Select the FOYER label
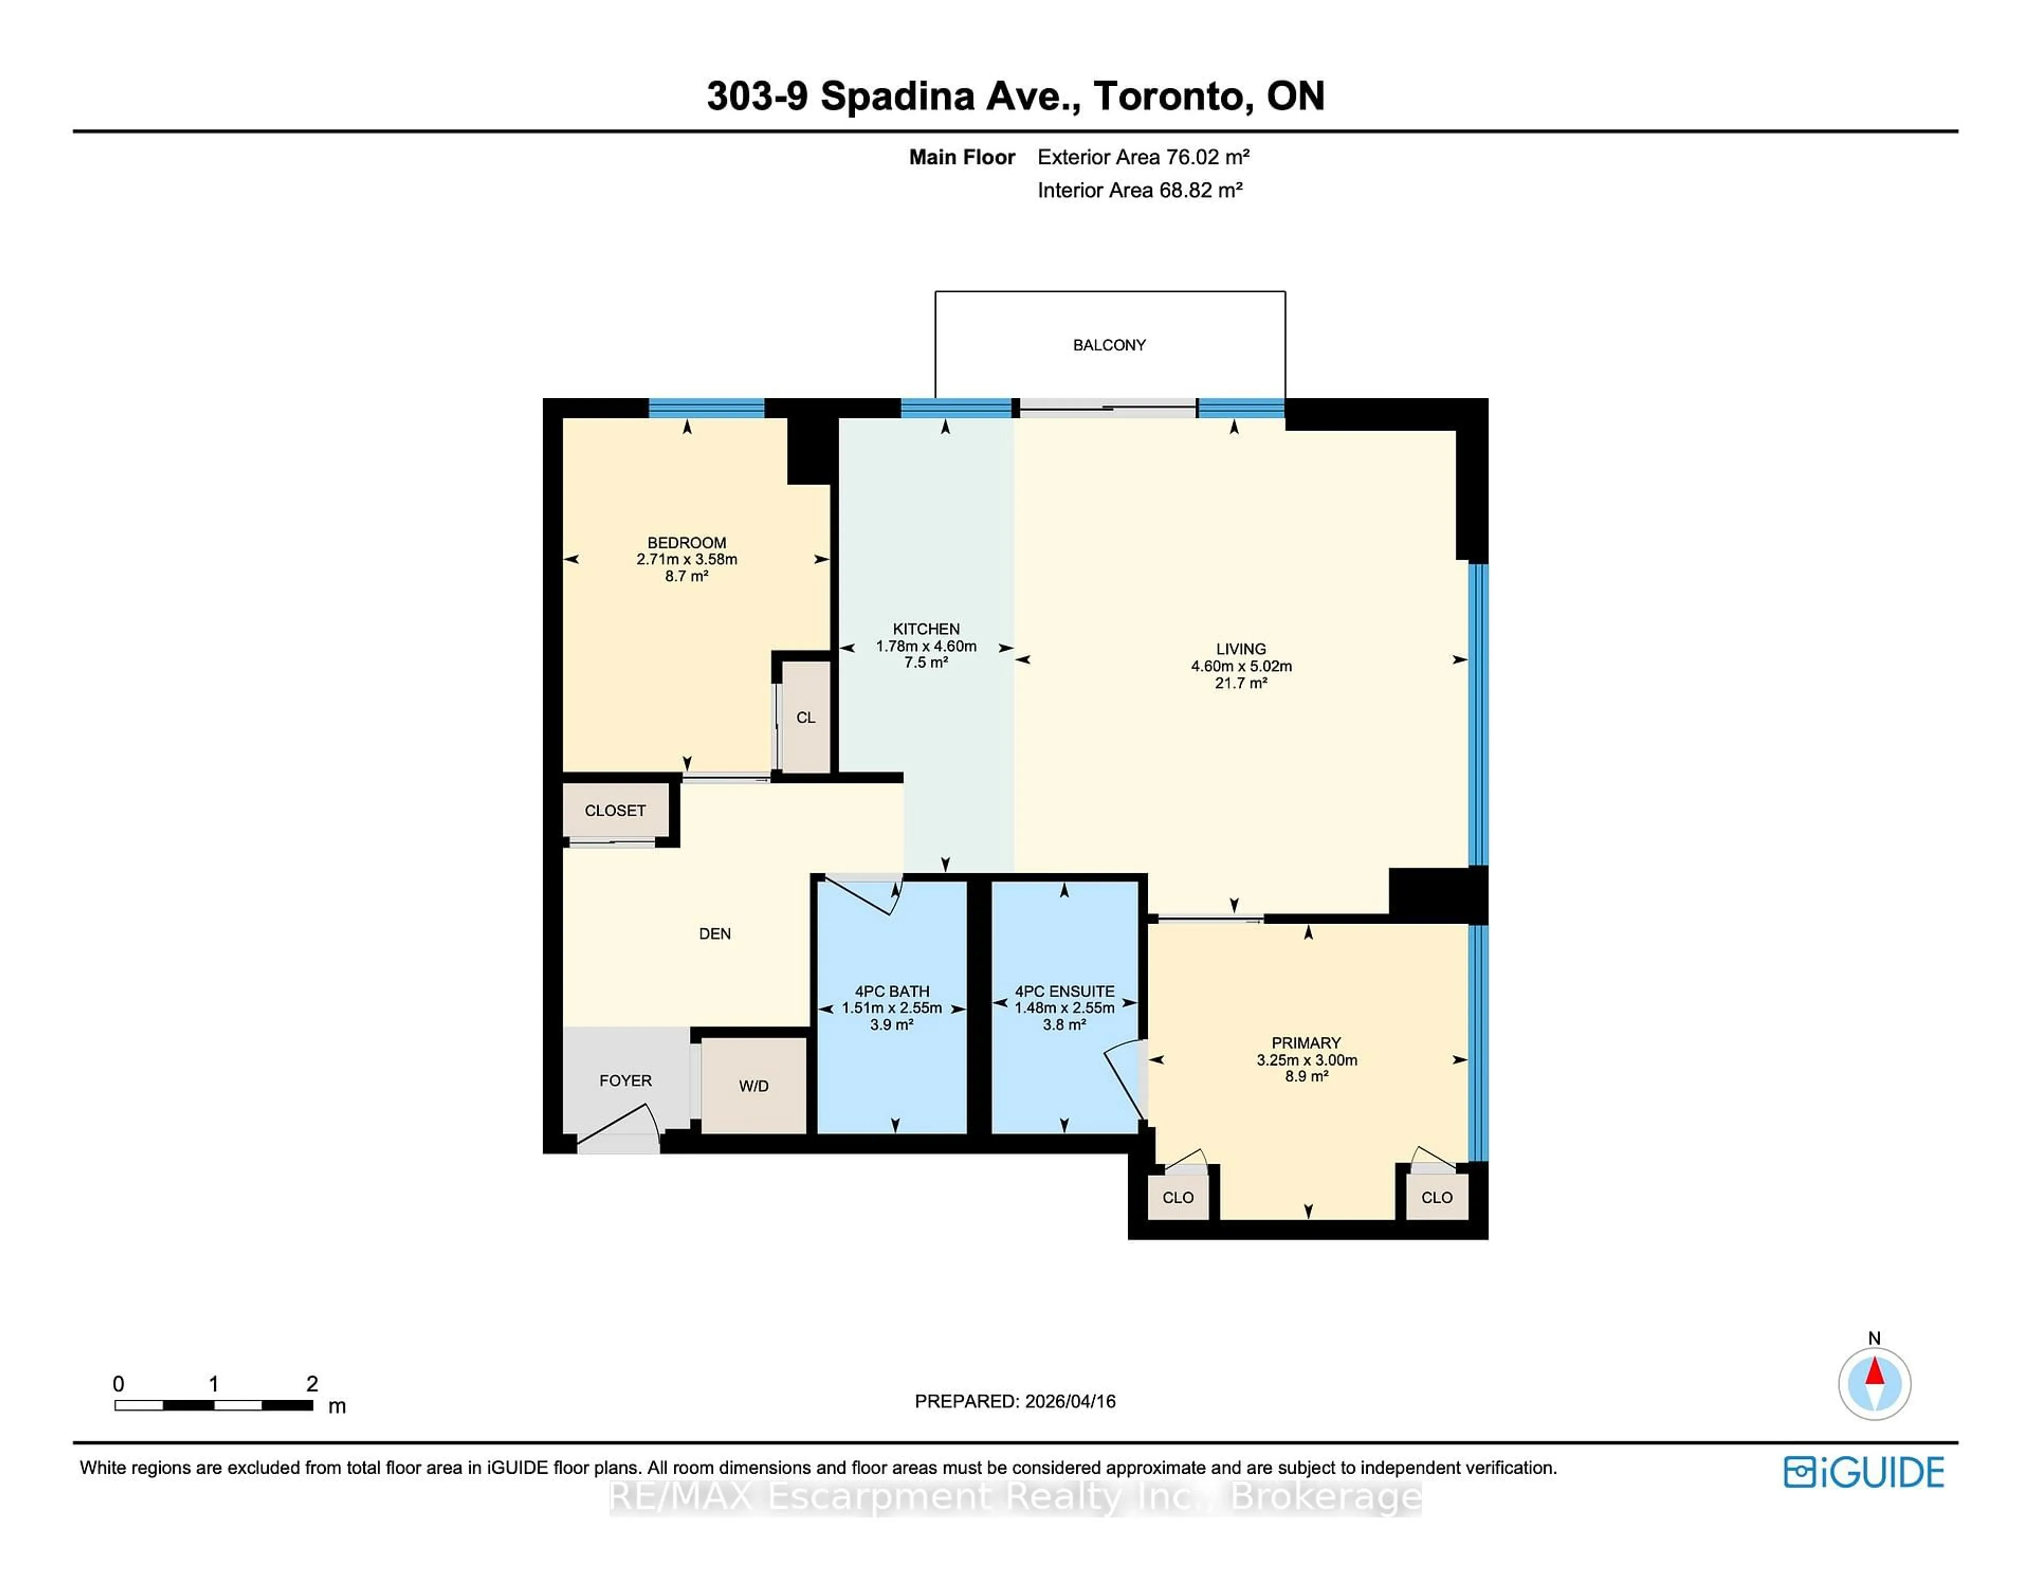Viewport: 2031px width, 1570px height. [625, 1080]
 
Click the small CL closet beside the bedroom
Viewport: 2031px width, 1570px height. [806, 717]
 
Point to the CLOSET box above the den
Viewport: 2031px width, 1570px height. [615, 810]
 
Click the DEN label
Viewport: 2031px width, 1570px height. [714, 934]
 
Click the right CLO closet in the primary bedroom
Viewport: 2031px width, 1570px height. [1436, 1197]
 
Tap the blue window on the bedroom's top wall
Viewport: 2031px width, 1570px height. [706, 407]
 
